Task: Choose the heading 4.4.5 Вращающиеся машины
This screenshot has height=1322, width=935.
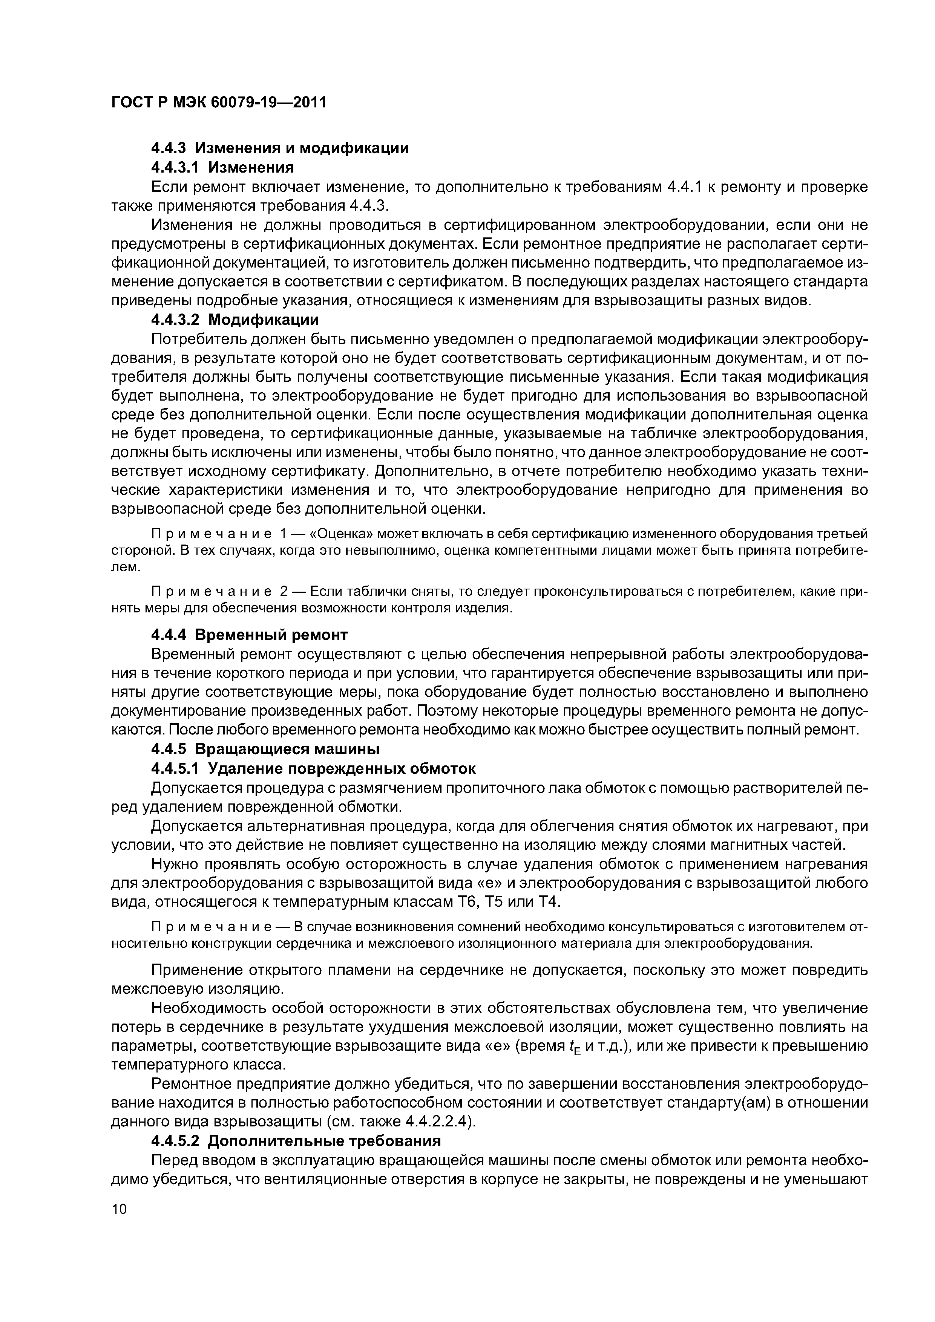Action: click(265, 749)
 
